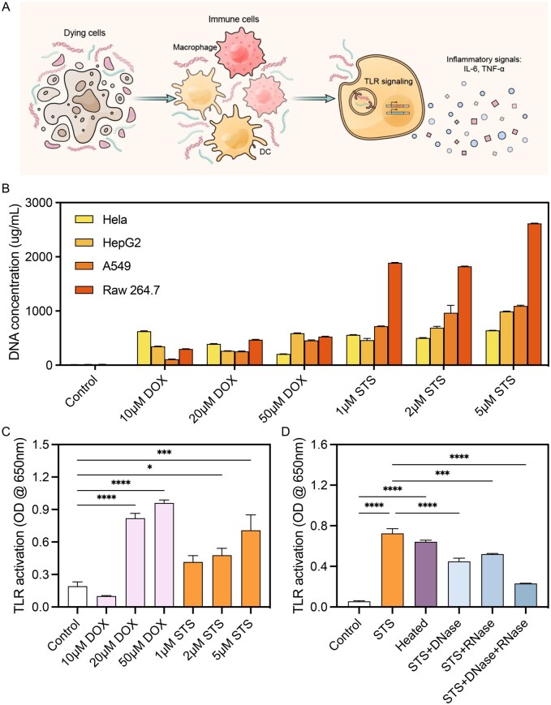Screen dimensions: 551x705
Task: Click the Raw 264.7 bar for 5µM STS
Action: [533, 294]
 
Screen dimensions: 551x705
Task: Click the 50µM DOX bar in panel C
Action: [164, 555]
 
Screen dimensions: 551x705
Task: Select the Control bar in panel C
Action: [77, 596]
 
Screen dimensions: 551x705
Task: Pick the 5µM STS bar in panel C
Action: [251, 569]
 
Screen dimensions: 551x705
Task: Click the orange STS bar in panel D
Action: [392, 570]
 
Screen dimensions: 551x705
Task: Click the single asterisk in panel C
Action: [150, 467]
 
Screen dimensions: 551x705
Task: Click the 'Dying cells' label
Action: [84, 32]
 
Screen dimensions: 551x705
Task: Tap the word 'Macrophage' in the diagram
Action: [196, 47]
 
